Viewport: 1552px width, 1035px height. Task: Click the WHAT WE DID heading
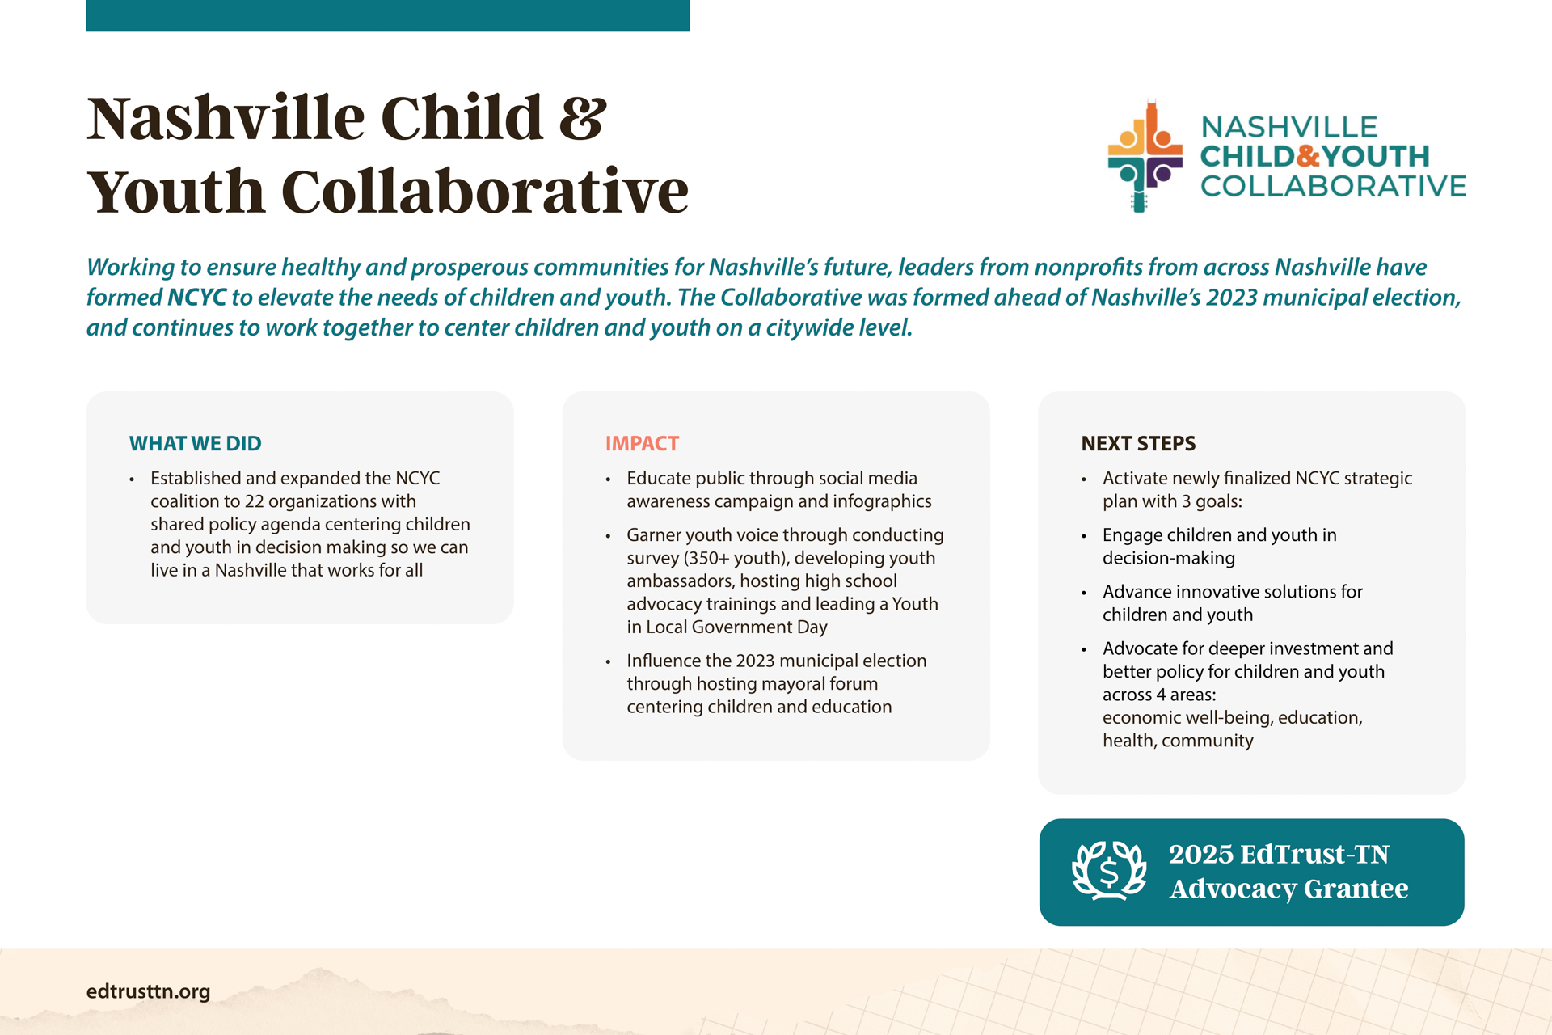click(x=195, y=443)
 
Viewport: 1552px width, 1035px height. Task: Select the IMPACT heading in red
click(x=642, y=443)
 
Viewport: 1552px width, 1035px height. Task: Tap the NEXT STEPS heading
click(x=1138, y=443)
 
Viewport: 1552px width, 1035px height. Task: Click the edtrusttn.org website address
click(x=148, y=991)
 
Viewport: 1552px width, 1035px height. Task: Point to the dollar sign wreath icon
click(x=1109, y=871)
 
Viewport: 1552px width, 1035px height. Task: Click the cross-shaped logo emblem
click(x=1145, y=156)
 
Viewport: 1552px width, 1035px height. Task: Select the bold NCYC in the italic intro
click(x=196, y=298)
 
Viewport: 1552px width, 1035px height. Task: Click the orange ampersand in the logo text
click(x=1309, y=156)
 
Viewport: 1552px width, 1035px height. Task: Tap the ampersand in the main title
click(x=582, y=118)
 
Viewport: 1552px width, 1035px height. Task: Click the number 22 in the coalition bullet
click(x=254, y=501)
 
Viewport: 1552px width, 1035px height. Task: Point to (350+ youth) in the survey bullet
click(x=736, y=558)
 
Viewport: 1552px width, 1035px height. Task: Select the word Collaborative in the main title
click(x=485, y=192)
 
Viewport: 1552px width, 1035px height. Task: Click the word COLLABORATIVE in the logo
click(x=1333, y=186)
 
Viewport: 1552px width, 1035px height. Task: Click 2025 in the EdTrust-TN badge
click(x=1200, y=854)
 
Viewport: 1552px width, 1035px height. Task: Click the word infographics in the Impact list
click(x=882, y=501)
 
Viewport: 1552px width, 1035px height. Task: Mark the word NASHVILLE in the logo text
click(x=1289, y=127)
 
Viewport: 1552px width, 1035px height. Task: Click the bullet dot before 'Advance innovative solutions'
click(x=1084, y=593)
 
